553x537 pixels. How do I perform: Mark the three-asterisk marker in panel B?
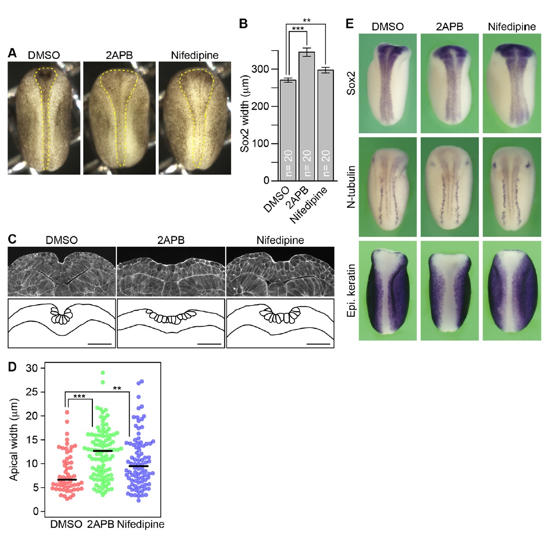pyautogui.click(x=298, y=29)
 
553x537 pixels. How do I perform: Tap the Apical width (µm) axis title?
pyautogui.click(x=15, y=438)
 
